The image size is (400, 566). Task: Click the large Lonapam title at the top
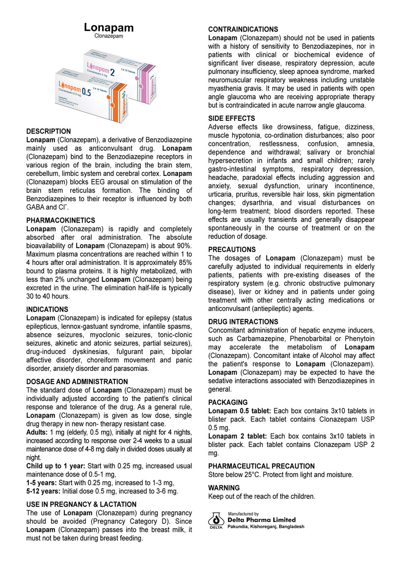click(x=108, y=27)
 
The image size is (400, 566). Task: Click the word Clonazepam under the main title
click(x=108, y=36)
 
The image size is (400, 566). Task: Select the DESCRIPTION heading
click(x=48, y=132)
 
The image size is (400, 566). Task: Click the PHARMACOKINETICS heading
click(x=60, y=220)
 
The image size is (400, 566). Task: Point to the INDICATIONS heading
click(x=47, y=309)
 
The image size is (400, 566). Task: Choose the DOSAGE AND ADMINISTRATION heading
click(x=77, y=382)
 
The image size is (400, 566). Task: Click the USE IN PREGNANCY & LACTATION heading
click(x=81, y=504)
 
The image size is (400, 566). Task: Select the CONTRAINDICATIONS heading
click(x=243, y=29)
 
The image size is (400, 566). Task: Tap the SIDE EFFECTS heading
click(x=231, y=118)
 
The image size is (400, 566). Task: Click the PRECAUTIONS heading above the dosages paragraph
click(x=232, y=249)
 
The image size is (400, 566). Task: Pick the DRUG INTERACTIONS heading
click(x=243, y=322)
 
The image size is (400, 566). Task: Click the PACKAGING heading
click(x=228, y=402)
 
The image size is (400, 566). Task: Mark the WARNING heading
click(x=224, y=488)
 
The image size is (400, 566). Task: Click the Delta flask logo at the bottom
click(x=216, y=520)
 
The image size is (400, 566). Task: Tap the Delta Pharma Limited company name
click(x=261, y=520)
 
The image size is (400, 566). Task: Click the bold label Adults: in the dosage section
click(x=37, y=432)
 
